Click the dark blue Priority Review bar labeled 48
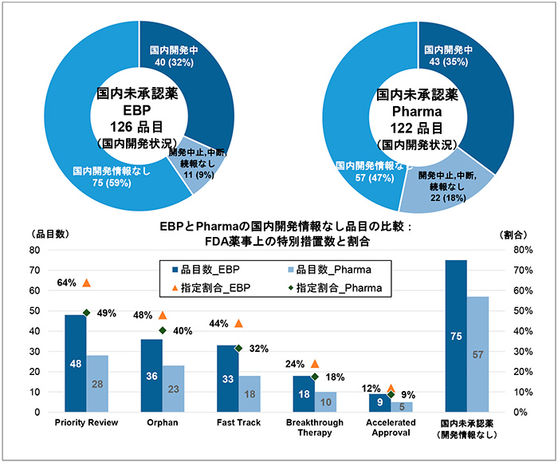[75, 363]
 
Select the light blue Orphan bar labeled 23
[173, 389]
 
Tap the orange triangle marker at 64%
[86, 282]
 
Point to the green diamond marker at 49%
[86, 312]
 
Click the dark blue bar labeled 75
[456, 336]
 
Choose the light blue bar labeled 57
[477, 354]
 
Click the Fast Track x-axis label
[237, 422]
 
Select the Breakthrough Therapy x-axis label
[314, 427]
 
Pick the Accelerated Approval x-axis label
[390, 427]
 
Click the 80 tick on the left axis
[34, 250]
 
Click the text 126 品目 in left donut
[137, 126]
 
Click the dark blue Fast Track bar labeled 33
[227, 378]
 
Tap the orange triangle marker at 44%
[238, 323]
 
